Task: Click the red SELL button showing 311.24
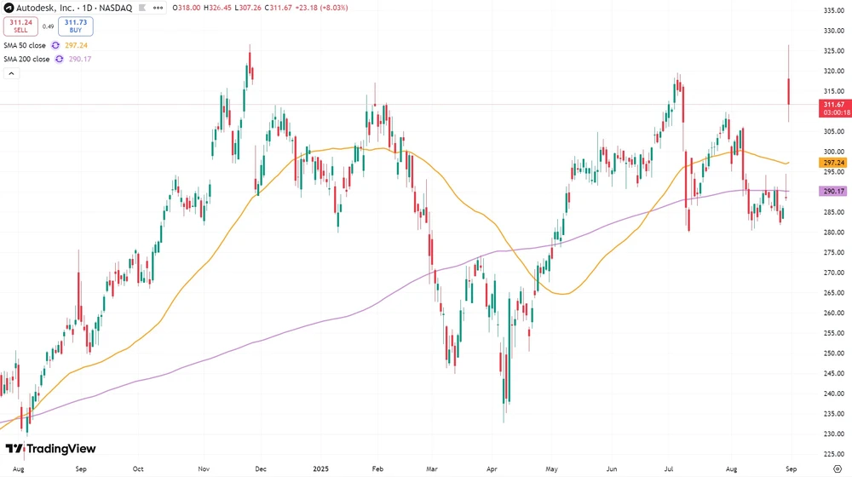coord(20,26)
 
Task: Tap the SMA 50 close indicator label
coord(26,45)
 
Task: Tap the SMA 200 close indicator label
coord(27,59)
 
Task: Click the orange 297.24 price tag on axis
coord(832,163)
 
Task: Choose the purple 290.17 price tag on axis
coord(832,191)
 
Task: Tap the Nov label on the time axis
coord(204,468)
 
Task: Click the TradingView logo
coord(51,449)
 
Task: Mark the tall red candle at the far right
coord(790,91)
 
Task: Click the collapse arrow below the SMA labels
coord(12,74)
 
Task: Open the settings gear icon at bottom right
coord(832,468)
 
